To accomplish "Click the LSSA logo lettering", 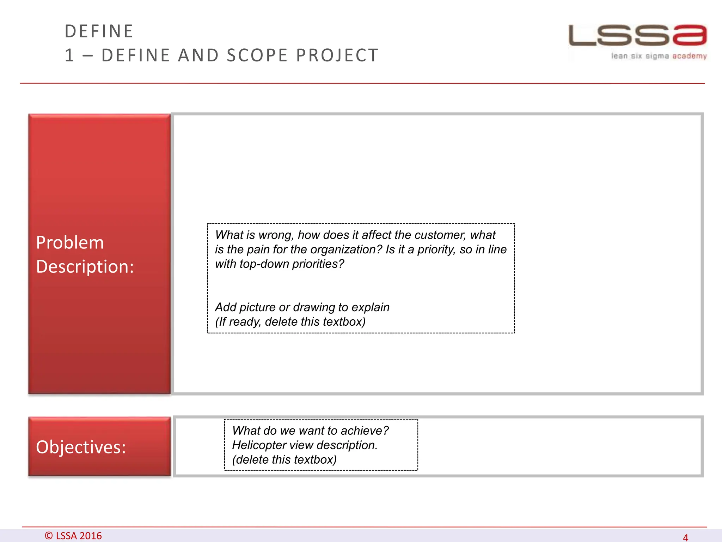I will click(637, 35).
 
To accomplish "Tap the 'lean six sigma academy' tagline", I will click(659, 56).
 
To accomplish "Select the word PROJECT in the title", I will click(337, 55).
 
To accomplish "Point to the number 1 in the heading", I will click(69, 55).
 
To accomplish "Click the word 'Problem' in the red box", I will click(70, 243).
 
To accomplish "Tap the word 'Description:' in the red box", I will click(85, 266).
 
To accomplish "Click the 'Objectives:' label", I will click(81, 447).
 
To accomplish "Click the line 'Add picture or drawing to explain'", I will click(302, 307).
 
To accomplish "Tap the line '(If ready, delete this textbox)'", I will click(290, 322).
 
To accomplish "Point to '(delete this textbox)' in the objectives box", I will click(284, 460).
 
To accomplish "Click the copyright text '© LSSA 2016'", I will click(73, 536).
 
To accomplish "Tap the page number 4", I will click(685, 537).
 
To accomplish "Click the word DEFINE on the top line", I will click(99, 31).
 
